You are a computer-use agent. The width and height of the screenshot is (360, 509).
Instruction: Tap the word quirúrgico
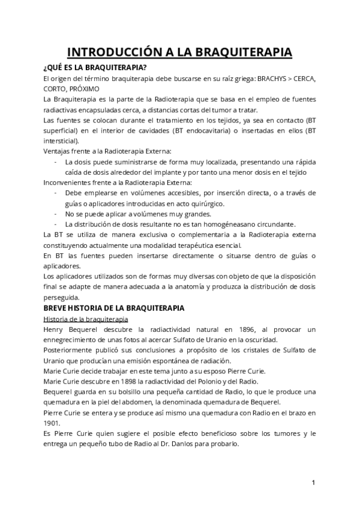coord(208,203)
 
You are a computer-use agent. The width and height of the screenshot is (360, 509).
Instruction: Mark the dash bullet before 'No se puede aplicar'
coord(55,214)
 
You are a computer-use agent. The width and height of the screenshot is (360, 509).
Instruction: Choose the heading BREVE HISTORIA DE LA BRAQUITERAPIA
coord(114,308)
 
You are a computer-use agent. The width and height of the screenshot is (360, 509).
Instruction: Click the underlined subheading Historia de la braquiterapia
coord(80,318)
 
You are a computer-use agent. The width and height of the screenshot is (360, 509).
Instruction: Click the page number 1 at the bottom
coord(313,482)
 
